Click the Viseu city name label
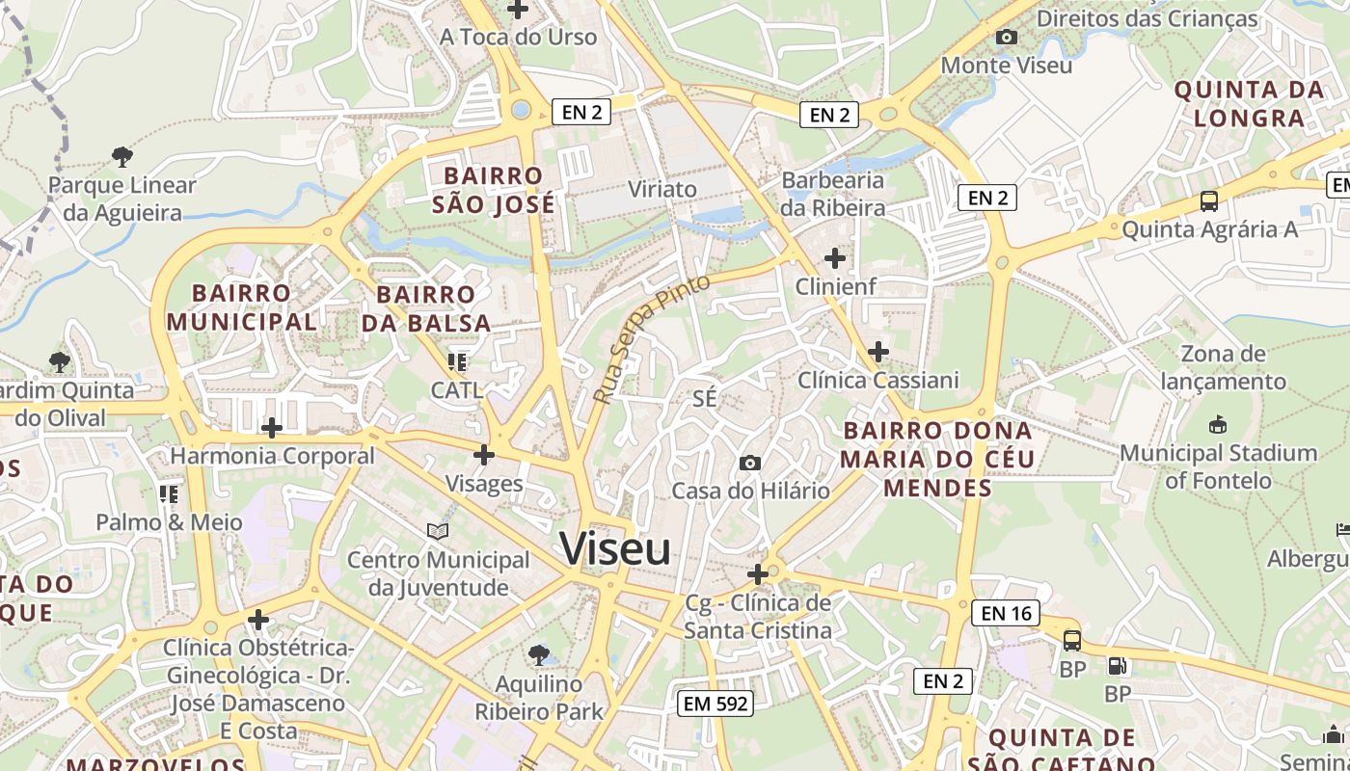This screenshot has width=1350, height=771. click(615, 549)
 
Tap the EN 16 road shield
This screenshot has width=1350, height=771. click(1006, 613)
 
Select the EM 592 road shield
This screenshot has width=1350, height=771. click(715, 704)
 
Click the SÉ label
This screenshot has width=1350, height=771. click(705, 398)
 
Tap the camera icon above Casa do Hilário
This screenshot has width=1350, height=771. click(749, 464)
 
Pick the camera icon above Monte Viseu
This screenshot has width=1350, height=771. click(1007, 37)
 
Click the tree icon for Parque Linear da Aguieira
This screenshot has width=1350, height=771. click(121, 156)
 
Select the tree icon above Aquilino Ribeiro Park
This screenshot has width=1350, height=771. click(539, 655)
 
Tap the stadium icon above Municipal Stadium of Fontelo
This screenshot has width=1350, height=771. click(1217, 424)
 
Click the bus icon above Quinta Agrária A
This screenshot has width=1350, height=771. click(1209, 201)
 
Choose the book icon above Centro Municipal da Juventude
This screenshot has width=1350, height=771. click(438, 531)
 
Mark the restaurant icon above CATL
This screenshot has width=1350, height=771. click(456, 362)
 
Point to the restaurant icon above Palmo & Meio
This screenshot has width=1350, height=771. click(169, 494)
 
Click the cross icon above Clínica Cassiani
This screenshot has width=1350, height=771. click(877, 352)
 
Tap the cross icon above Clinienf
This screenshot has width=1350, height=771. click(835, 258)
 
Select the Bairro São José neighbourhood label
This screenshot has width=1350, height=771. click(494, 190)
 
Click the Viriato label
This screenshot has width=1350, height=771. click(661, 189)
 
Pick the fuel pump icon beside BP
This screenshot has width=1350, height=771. click(1118, 665)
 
